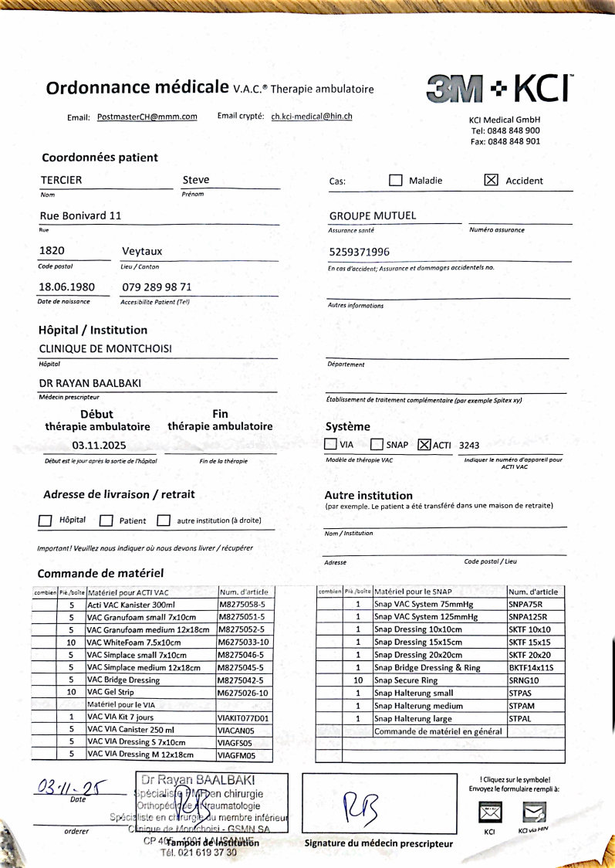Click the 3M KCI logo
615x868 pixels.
pos(498,89)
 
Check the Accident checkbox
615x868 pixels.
pos(490,180)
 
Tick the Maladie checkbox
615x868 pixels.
pos(395,180)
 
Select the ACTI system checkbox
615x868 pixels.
pos(423,445)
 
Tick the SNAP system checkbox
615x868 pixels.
pos(377,445)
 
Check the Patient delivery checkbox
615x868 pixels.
pos(106,520)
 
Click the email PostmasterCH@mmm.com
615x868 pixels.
pos(147,117)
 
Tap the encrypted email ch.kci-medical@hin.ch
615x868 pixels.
pos(312,117)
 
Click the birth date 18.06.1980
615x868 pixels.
pos(67,286)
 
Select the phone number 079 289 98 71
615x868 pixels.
pos(157,286)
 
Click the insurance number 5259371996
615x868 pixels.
pos(360,252)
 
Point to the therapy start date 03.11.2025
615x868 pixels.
pos(99,446)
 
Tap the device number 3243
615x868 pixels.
pos(469,446)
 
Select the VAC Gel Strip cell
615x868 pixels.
pos(151,693)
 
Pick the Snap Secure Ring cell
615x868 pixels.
pos(439,680)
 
